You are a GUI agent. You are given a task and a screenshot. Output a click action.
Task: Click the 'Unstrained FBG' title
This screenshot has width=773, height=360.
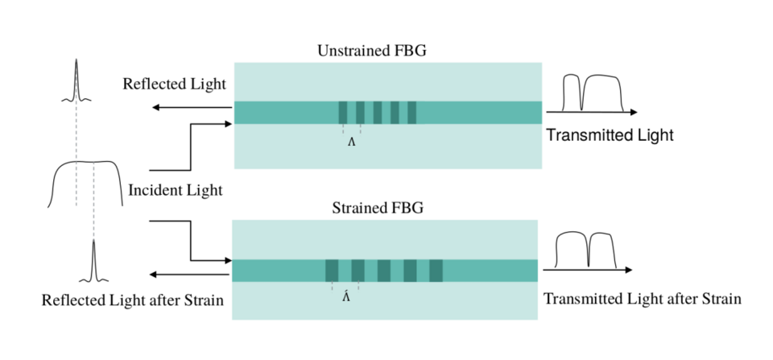(x=371, y=52)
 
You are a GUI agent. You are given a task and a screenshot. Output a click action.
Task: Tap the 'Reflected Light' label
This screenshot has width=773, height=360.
(x=174, y=85)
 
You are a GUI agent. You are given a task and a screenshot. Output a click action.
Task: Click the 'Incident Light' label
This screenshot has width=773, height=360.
(x=176, y=191)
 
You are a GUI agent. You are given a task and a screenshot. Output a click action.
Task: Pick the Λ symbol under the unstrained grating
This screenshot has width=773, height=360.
(x=351, y=143)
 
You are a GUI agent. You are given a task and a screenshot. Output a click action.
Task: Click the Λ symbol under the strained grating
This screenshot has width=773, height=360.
(x=345, y=296)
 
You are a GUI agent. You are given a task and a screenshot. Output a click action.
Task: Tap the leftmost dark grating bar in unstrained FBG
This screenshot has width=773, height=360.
(x=343, y=113)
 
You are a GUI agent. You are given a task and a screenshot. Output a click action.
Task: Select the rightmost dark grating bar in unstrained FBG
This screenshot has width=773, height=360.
(x=412, y=113)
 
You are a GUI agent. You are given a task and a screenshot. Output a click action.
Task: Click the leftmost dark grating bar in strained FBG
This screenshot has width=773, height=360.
(x=332, y=271)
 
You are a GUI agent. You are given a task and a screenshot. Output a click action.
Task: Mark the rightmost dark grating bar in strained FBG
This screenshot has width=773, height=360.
(x=436, y=271)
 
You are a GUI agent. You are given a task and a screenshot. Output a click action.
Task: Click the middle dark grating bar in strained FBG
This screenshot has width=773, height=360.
(x=384, y=271)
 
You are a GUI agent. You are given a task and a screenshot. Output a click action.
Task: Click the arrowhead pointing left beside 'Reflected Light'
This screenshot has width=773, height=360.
(x=156, y=107)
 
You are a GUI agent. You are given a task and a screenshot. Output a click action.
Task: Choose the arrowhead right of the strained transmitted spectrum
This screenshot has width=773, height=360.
(x=628, y=270)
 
